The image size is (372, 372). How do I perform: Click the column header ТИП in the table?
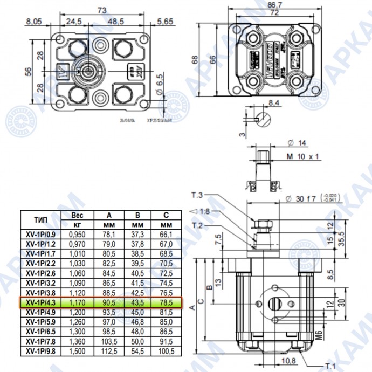(41, 219)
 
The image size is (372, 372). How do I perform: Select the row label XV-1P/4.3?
(42, 304)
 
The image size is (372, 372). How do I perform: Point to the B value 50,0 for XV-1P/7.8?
(137, 342)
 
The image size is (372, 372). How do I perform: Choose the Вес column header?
(77, 215)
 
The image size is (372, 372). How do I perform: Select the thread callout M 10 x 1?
(303, 156)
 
